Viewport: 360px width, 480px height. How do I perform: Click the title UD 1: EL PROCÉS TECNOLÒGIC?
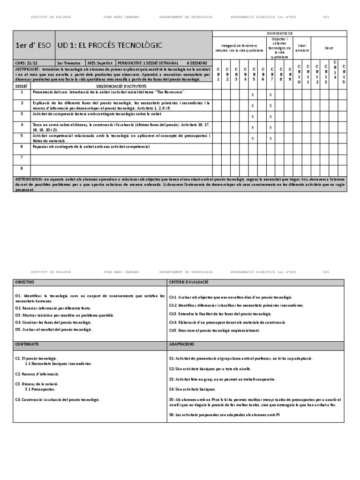110,45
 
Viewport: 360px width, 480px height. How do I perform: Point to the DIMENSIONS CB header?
280,34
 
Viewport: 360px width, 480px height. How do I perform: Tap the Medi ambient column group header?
302,48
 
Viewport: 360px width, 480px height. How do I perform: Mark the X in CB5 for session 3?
253,117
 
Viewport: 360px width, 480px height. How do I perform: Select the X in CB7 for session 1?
270,95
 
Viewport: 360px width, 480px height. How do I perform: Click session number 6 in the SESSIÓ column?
22,147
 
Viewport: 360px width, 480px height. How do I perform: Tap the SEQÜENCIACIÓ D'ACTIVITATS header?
121,87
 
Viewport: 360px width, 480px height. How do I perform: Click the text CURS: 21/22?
27,63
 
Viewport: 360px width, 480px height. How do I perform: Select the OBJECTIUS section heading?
25,282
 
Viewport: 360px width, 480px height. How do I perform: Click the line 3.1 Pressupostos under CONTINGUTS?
40,389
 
